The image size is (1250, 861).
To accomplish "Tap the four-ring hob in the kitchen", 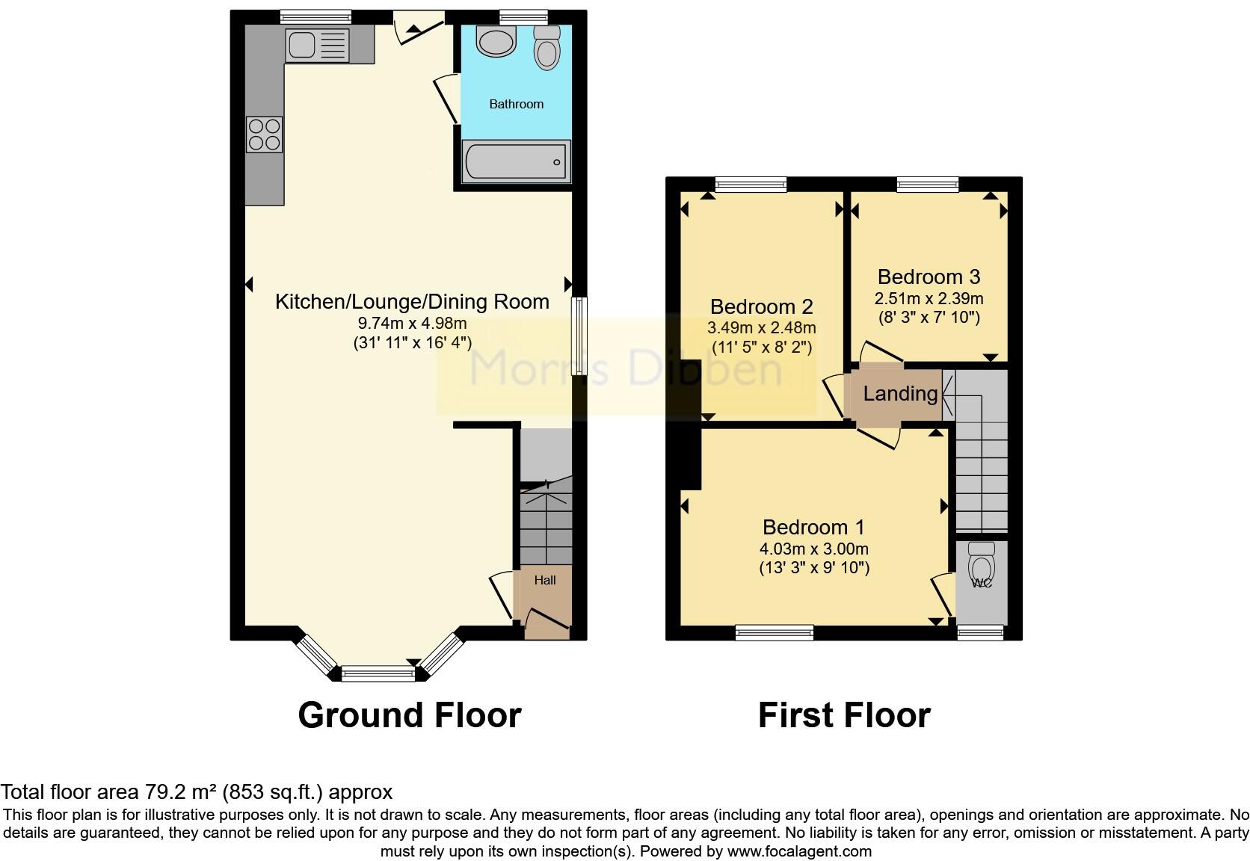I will coord(264,135).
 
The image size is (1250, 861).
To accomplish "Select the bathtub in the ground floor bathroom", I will coord(516,161).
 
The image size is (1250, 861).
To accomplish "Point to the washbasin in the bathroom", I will coord(496,42).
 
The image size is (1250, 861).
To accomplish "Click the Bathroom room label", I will coord(516,104).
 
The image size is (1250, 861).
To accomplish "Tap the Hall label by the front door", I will coord(545,580).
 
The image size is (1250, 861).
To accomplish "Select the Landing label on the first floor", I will coord(900,394).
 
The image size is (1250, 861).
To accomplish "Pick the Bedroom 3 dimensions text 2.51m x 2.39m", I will coord(929,299).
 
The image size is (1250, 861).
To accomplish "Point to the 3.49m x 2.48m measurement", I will coord(761,328).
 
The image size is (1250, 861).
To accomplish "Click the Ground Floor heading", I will coord(409,715).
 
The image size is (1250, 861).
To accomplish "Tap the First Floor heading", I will coord(843,715).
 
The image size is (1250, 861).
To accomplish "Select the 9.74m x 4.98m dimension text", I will coord(412,324).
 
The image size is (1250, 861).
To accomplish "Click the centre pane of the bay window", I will coord(378,674).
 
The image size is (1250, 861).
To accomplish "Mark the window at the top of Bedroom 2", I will coord(751,184).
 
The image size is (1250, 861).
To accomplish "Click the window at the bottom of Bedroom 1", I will coord(774,633).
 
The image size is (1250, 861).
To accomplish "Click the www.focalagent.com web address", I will coord(798,851).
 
